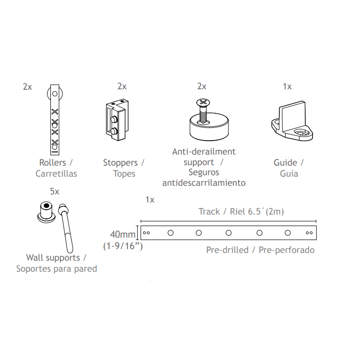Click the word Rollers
coord(53,163)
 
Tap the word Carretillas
coord(56,174)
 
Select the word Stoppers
coord(120,163)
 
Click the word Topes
coord(124,174)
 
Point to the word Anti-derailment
coord(204,152)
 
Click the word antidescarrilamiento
coord(204,183)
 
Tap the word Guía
coord(289,174)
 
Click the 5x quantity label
coord(55,191)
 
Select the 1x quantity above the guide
coord(287,86)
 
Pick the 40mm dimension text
coord(123,234)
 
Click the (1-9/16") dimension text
coord(123,246)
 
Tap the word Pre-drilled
coord(228,250)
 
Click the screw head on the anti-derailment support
coord(203,102)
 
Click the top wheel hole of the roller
coord(55,94)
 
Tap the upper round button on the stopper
coord(114,120)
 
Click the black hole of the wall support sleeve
coord(47,205)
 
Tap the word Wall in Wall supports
coord(35,258)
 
